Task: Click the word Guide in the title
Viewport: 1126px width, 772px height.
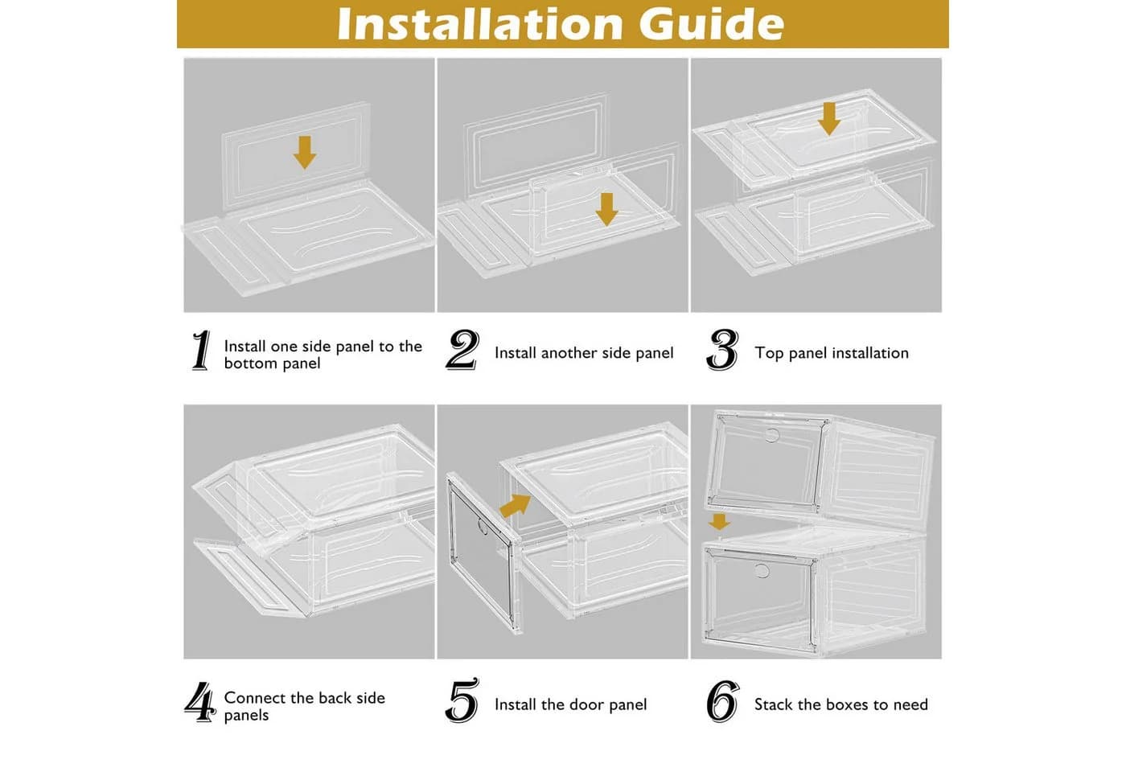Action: (712, 23)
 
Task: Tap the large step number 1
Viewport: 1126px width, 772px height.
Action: (202, 351)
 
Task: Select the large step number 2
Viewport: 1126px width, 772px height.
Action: (462, 351)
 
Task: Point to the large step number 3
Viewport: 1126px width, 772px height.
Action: (722, 351)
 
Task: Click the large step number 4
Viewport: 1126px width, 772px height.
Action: (200, 702)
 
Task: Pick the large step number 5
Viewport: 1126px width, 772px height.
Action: (462, 700)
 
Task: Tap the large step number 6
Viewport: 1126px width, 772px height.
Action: (723, 701)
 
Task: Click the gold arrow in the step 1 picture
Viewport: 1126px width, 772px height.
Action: (305, 152)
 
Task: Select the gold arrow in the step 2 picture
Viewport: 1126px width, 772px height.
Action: (606, 210)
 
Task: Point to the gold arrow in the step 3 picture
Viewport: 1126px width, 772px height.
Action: (829, 119)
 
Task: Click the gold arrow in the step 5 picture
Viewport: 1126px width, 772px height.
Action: (516, 505)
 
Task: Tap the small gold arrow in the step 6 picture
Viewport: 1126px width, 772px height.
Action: (719, 522)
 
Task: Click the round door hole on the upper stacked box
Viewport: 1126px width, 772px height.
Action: (773, 435)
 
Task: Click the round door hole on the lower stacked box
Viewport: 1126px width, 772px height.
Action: (762, 570)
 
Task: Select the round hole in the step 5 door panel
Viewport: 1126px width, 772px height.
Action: (483, 527)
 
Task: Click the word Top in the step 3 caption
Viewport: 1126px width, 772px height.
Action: (769, 353)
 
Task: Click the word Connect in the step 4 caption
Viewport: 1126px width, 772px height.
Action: (256, 698)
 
